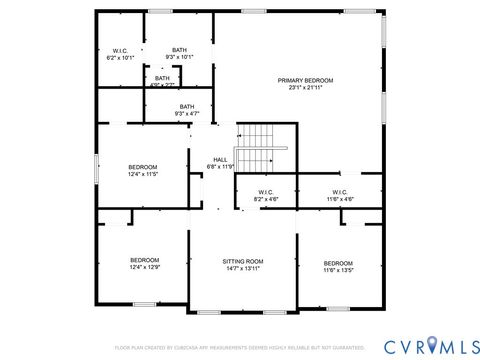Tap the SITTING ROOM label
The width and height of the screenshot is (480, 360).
point(242,260)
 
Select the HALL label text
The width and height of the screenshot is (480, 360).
point(219,159)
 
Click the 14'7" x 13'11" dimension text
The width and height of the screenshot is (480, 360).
point(242,267)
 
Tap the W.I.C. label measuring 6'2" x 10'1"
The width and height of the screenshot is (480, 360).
point(120,50)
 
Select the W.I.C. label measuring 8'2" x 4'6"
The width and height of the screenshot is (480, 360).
point(266,192)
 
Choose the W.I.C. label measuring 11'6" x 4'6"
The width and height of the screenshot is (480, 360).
point(339,192)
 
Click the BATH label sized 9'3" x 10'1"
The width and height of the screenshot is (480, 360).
point(179,50)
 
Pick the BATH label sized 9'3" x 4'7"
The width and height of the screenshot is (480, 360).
point(186,107)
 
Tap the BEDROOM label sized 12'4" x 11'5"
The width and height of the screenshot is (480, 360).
point(143,167)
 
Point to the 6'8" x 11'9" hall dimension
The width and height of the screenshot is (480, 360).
point(219,166)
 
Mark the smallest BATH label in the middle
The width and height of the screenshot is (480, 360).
point(162,78)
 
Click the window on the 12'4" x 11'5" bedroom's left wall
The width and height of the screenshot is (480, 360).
point(96,168)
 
